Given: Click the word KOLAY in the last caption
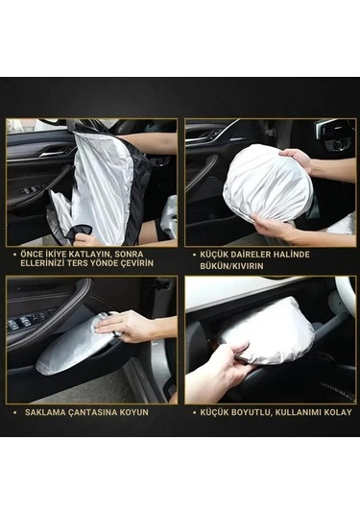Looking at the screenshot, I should [x=337, y=411].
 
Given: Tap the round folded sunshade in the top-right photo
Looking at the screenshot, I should [x=266, y=185].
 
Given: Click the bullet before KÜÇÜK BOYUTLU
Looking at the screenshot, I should [x=192, y=411].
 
